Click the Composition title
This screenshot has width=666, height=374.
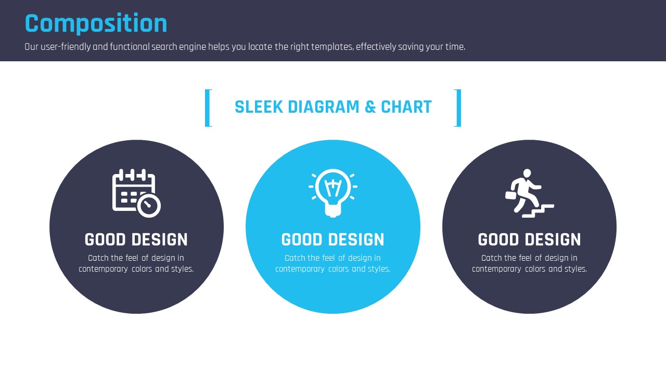click(x=96, y=23)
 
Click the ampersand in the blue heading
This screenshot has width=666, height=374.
click(x=370, y=107)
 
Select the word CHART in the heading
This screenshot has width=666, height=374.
click(x=406, y=107)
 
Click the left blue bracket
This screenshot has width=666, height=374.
click(x=207, y=108)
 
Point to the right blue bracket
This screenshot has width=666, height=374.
click(x=459, y=108)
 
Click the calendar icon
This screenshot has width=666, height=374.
click(x=136, y=193)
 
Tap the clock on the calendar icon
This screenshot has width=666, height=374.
click(x=149, y=205)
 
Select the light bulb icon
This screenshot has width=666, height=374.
click(x=333, y=193)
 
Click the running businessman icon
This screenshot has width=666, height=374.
click(x=530, y=193)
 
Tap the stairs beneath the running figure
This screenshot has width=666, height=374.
click(x=538, y=211)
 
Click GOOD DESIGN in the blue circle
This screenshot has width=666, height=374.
click(x=332, y=239)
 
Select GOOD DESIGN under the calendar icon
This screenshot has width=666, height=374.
click(x=136, y=239)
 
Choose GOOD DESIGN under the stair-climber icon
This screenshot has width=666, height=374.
click(x=529, y=239)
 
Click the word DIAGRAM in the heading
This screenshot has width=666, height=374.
click(x=324, y=107)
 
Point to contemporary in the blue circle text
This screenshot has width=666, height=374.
click(x=300, y=269)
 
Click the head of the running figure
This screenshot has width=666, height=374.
click(x=527, y=173)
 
